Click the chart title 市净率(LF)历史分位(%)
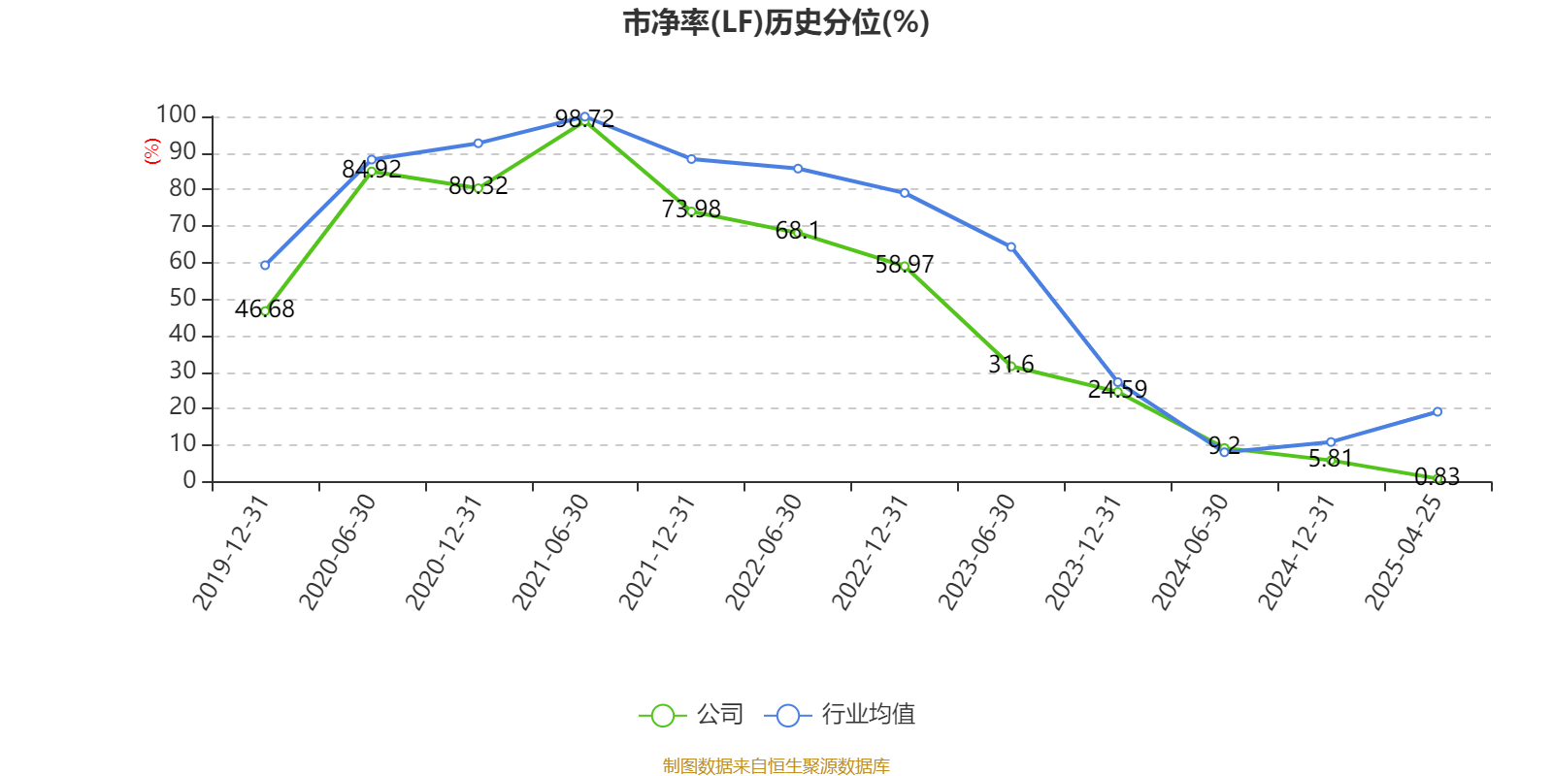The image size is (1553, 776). [776, 22]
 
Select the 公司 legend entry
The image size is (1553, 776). [691, 716]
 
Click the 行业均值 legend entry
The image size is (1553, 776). [841, 716]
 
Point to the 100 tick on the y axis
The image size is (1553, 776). [177, 115]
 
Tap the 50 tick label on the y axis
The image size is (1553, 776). [182, 299]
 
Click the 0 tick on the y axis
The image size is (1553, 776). [190, 481]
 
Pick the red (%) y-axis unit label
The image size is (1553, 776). [152, 151]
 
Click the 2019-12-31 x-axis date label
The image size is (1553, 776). [229, 553]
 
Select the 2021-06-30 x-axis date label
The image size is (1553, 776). [550, 553]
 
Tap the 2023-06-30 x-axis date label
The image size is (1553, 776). [976, 553]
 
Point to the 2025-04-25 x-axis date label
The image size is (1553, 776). [1404, 553]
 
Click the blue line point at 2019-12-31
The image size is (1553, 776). [265, 265]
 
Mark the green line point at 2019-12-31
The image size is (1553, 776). [265, 311]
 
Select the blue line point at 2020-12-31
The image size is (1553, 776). [478, 144]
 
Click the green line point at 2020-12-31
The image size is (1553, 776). [478, 188]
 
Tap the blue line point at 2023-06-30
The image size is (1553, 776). [1011, 247]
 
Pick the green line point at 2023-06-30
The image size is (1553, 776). [1011, 366]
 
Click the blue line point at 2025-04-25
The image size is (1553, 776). [1437, 412]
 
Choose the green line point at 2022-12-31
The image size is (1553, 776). [905, 266]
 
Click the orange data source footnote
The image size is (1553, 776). [776, 766]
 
